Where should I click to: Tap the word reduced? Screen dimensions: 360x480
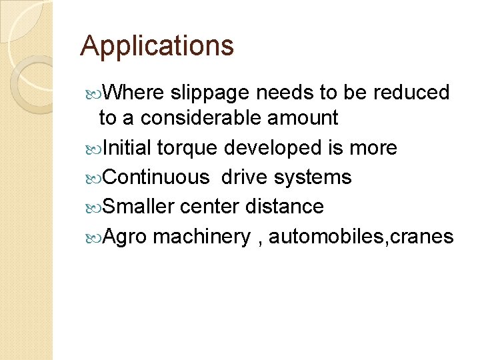[x=414, y=93]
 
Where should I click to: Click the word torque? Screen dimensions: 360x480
[x=187, y=148]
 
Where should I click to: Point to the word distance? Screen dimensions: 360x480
[x=285, y=207]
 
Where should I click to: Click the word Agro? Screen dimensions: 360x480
[x=127, y=237]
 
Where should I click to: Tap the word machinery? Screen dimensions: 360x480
[x=201, y=237]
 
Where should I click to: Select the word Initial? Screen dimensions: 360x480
[x=127, y=148]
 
